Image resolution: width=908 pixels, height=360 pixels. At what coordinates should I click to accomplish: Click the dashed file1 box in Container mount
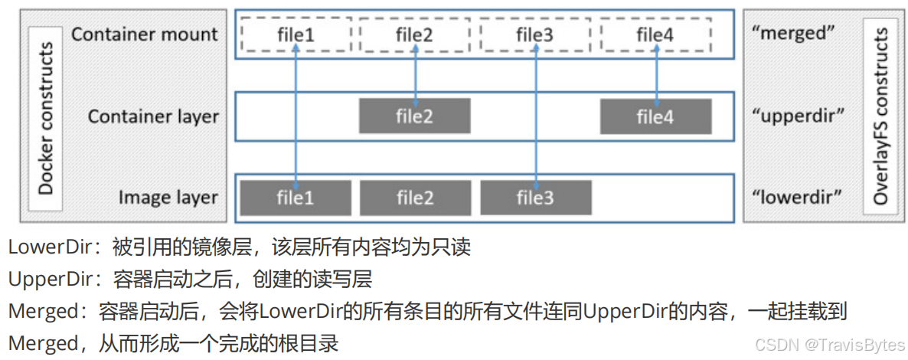click(296, 34)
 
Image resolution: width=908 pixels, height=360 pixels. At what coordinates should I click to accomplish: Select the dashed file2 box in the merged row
click(415, 34)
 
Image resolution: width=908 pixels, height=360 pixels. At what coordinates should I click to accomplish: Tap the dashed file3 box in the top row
click(534, 34)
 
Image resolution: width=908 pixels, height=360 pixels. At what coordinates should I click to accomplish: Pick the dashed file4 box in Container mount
click(655, 34)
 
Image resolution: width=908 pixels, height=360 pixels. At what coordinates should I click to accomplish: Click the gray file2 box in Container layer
click(415, 116)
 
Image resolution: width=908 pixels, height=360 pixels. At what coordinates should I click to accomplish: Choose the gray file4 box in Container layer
click(655, 116)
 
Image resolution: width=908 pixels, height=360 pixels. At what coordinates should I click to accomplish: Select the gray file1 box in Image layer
click(296, 198)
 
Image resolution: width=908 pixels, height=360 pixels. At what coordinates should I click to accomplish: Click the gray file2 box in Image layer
click(415, 198)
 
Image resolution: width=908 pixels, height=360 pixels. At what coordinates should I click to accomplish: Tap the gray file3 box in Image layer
click(534, 198)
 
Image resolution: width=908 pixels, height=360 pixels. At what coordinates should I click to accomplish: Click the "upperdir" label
click(798, 116)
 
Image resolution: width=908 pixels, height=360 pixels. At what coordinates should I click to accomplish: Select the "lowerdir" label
click(796, 198)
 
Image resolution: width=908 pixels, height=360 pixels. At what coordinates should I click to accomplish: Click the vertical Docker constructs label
click(44, 118)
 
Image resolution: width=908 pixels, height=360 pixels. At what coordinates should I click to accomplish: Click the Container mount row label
click(145, 34)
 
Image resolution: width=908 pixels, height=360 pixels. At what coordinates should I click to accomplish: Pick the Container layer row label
click(153, 116)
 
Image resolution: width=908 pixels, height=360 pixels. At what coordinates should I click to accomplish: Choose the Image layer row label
click(168, 198)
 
